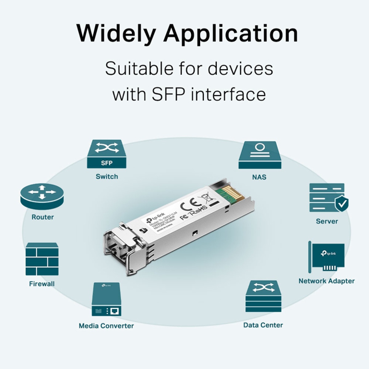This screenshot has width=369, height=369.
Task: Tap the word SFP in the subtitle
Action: tap(168, 94)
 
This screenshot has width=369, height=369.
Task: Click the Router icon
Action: tap(42, 196)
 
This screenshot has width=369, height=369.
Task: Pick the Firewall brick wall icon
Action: tap(42, 259)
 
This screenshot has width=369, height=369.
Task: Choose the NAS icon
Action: tap(260, 155)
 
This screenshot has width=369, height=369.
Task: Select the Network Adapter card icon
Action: tap(327, 257)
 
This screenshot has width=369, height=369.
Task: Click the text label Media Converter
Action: tap(106, 326)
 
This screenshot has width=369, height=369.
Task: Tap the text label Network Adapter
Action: tap(326, 281)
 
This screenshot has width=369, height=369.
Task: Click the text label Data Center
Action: tap(263, 325)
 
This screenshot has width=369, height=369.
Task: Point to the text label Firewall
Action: tap(42, 284)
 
